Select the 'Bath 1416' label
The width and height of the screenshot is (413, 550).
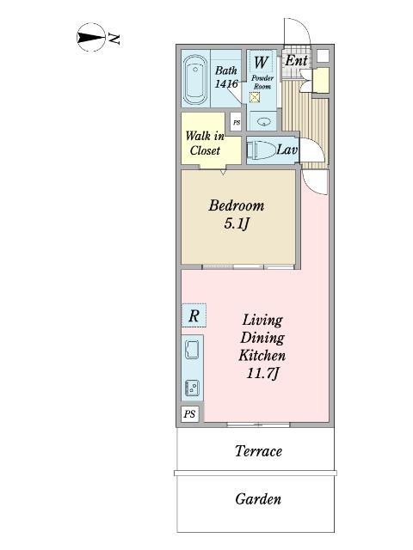pos(226,77)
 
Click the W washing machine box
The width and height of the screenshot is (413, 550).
pos(261,63)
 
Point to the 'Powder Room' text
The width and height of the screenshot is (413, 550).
pos(262,82)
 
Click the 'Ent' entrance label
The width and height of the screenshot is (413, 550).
pos(296,61)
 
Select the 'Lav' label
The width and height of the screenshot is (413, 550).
pos(287,150)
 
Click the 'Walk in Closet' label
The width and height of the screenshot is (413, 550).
pos(204,143)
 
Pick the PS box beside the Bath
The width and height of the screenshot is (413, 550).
pos(236,123)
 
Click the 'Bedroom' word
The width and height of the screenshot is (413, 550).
pos(236,206)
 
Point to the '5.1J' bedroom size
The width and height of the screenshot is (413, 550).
pos(236,225)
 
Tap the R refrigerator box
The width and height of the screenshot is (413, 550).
pos(194,316)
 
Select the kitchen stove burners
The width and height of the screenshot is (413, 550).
pos(193,388)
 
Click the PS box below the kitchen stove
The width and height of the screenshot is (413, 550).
pos(189,414)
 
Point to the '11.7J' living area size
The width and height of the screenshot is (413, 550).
pos(262,373)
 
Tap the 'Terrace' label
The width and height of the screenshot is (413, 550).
pos(258,451)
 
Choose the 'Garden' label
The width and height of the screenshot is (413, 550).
pos(258,498)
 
